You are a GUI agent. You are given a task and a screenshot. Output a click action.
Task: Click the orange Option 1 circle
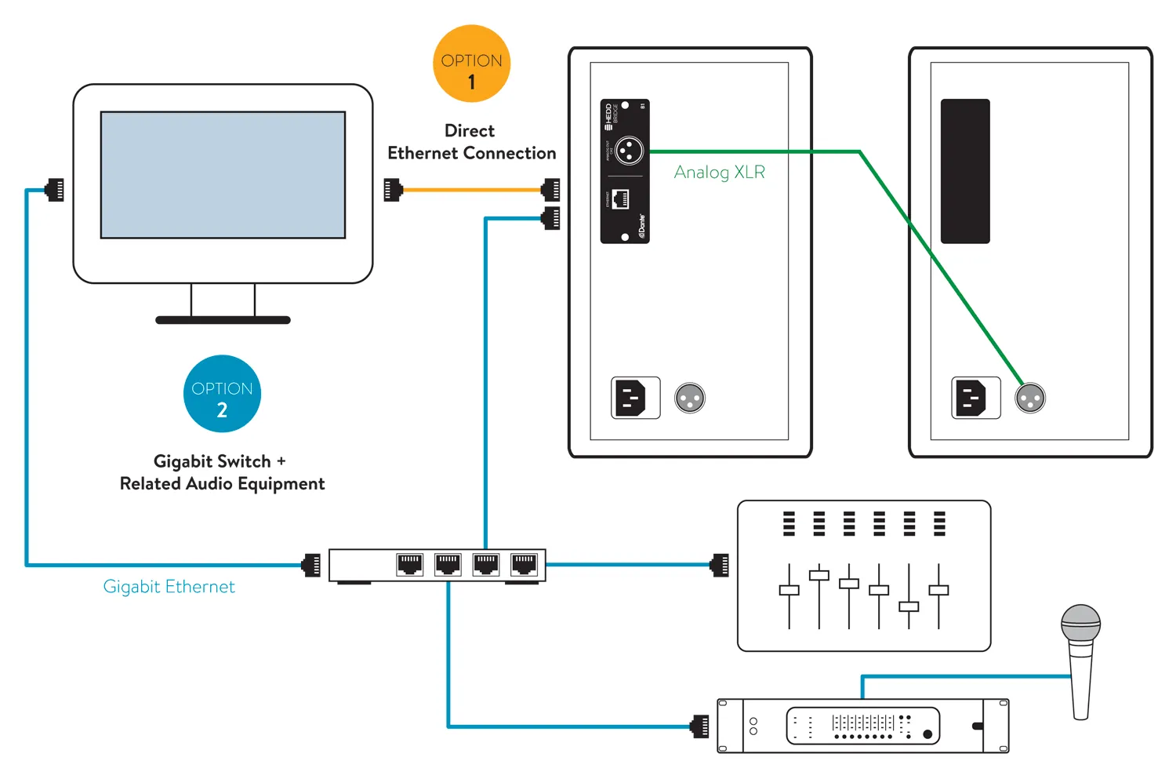point(471,64)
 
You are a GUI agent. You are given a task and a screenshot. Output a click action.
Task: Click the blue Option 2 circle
point(222,394)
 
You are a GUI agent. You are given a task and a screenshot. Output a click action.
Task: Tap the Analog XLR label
point(719,173)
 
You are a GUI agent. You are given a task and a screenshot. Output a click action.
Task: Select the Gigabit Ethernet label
point(169,587)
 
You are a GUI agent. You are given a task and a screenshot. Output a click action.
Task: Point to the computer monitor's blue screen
point(223,175)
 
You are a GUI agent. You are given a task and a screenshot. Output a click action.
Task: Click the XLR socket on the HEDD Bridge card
point(629,150)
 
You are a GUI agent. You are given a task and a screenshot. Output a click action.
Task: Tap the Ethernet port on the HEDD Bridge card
point(620,198)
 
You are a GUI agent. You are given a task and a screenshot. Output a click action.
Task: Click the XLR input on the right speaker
point(1030,399)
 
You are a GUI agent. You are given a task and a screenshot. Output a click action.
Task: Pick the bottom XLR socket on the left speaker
point(690,399)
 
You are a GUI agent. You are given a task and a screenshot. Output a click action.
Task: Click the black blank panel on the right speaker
point(965,171)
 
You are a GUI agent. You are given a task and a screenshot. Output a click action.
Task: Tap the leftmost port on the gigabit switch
point(409,564)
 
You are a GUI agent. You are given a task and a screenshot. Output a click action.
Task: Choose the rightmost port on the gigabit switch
point(524,564)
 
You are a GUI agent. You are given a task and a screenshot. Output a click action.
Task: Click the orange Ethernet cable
point(470,190)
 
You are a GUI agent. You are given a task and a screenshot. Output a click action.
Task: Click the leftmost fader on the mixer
point(789,590)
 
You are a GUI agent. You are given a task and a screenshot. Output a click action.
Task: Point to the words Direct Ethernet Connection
point(471,142)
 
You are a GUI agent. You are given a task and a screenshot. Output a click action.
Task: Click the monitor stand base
point(223,320)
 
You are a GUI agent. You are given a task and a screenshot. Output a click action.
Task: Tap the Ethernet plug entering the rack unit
point(701,726)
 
